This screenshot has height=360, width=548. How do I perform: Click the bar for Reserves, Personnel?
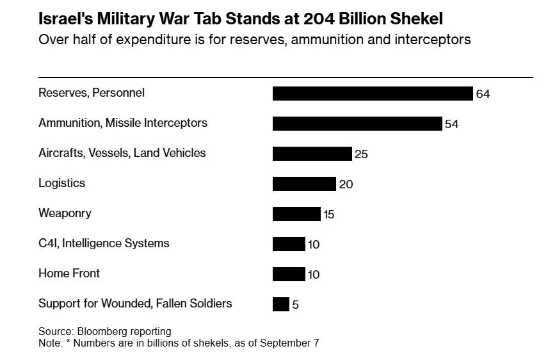(x=373, y=94)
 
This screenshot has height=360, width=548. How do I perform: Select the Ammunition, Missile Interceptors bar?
(x=357, y=124)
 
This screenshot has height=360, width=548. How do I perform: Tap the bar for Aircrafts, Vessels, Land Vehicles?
(x=312, y=154)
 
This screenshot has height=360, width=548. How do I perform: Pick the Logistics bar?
(x=304, y=184)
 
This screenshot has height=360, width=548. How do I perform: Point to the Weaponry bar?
(x=296, y=214)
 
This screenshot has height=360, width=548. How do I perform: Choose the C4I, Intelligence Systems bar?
(x=289, y=244)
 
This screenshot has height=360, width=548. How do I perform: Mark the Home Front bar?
(x=289, y=274)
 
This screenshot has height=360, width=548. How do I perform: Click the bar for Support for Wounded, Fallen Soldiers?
(x=281, y=304)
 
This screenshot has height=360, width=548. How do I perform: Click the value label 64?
(x=483, y=94)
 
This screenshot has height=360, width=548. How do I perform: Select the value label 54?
(x=452, y=124)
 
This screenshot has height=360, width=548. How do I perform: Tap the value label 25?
(x=361, y=154)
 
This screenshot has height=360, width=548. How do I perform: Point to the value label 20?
(x=346, y=184)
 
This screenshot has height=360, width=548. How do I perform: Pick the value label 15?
(x=329, y=215)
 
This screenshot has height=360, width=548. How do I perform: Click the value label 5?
(x=296, y=305)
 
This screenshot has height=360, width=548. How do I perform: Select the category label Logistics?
(x=61, y=183)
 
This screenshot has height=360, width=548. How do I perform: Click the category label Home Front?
(x=69, y=274)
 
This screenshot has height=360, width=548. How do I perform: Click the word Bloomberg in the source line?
(x=103, y=331)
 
